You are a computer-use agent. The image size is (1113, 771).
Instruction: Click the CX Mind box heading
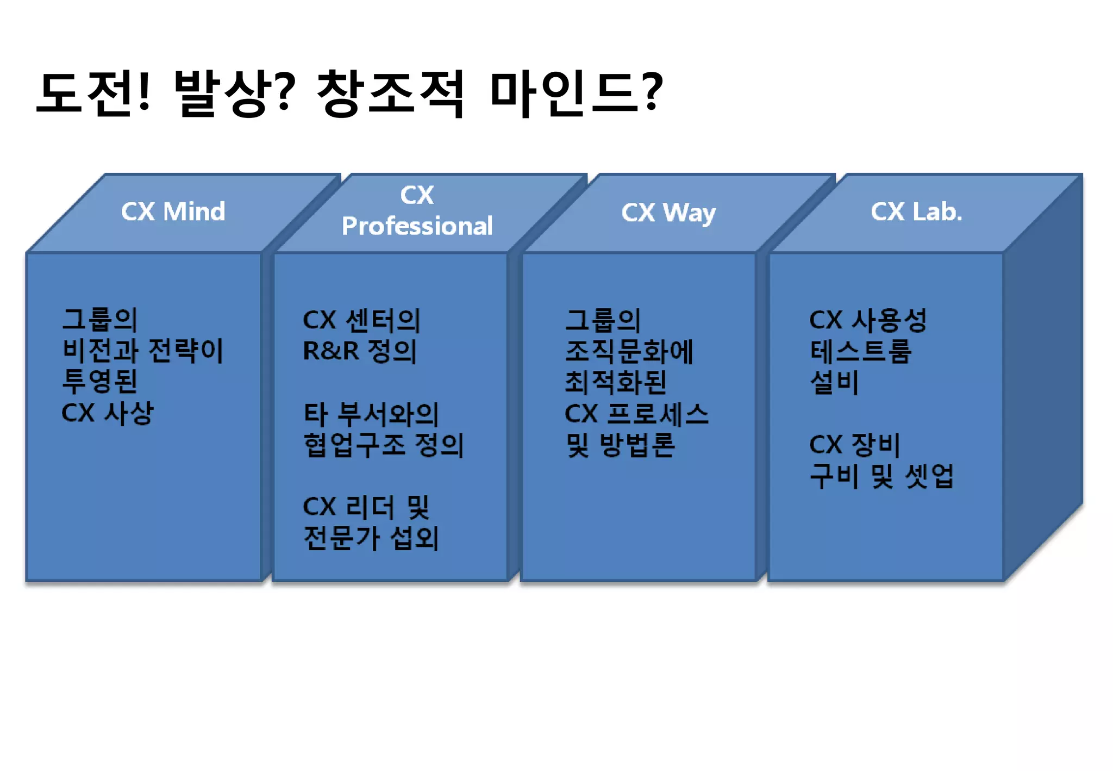point(173,212)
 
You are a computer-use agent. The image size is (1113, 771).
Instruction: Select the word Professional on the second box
point(417,226)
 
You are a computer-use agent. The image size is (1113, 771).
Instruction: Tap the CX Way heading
point(668,213)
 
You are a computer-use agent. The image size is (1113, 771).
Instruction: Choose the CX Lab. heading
point(916,212)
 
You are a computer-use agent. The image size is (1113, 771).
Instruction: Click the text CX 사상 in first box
point(108,413)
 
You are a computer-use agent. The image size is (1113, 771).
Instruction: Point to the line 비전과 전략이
point(142,351)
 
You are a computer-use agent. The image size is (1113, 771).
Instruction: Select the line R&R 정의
point(360,351)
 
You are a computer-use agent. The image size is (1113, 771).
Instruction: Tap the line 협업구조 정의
point(383,445)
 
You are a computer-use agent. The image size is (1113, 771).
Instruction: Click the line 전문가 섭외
point(371,538)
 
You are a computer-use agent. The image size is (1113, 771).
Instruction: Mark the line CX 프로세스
point(636,414)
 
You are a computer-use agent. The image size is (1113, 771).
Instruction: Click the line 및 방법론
point(620,445)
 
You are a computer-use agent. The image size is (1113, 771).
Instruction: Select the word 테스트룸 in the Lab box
point(860,351)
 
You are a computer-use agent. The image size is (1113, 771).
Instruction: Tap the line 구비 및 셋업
point(881,476)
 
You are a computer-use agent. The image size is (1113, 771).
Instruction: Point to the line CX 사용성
point(867,320)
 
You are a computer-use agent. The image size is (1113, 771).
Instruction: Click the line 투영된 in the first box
point(99,382)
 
